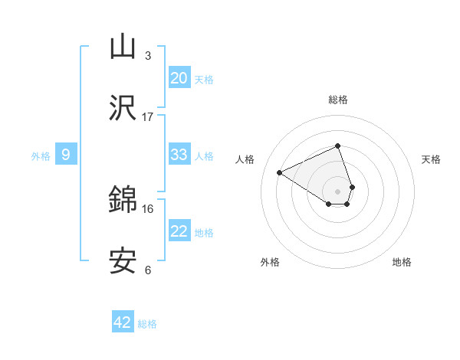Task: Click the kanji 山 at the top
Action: [x=123, y=47]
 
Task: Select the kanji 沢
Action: [x=123, y=108]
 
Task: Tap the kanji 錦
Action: [x=123, y=201]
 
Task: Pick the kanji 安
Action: [x=123, y=261]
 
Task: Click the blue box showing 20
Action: [x=179, y=78]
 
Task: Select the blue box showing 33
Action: [x=179, y=155]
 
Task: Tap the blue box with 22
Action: [x=179, y=231]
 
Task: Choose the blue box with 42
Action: [x=123, y=322]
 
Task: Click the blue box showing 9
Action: [x=66, y=155]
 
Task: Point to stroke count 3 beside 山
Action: [x=147, y=55]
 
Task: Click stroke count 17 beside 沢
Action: [x=147, y=116]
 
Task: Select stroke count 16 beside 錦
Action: [x=147, y=208]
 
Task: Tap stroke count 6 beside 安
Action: [x=147, y=270]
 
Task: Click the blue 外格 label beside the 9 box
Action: [x=41, y=155]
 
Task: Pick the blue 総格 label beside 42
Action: [x=147, y=324]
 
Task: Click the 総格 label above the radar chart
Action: [x=337, y=100]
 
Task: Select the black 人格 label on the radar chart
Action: [x=245, y=159]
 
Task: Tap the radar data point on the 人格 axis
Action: [x=280, y=172]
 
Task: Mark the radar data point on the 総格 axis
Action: [x=337, y=146]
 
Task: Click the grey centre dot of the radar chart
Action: [x=337, y=190]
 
